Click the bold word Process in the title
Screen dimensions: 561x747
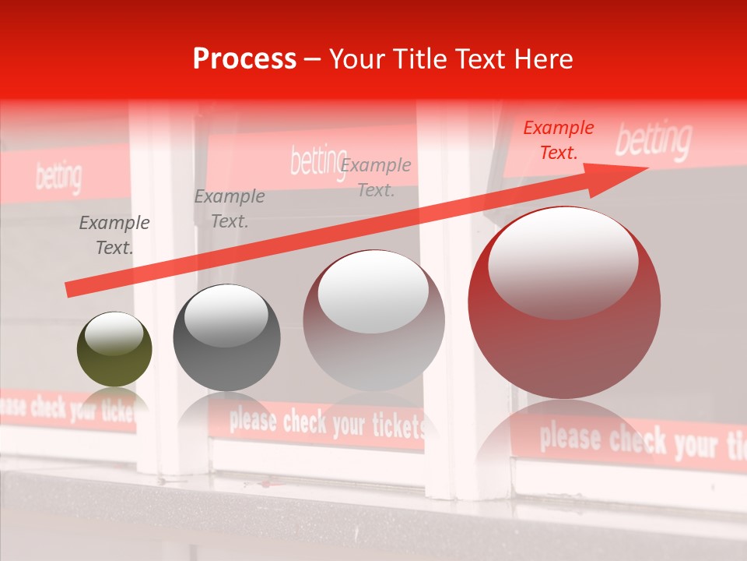[244, 59]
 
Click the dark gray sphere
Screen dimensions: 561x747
[226, 337]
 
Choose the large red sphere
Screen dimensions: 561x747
[564, 304]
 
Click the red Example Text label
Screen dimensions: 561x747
[558, 140]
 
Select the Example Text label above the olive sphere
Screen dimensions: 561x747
[114, 235]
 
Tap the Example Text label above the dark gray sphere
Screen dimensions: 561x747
[230, 209]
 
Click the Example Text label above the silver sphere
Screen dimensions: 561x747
[376, 177]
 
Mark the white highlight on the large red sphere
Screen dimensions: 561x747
[563, 262]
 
